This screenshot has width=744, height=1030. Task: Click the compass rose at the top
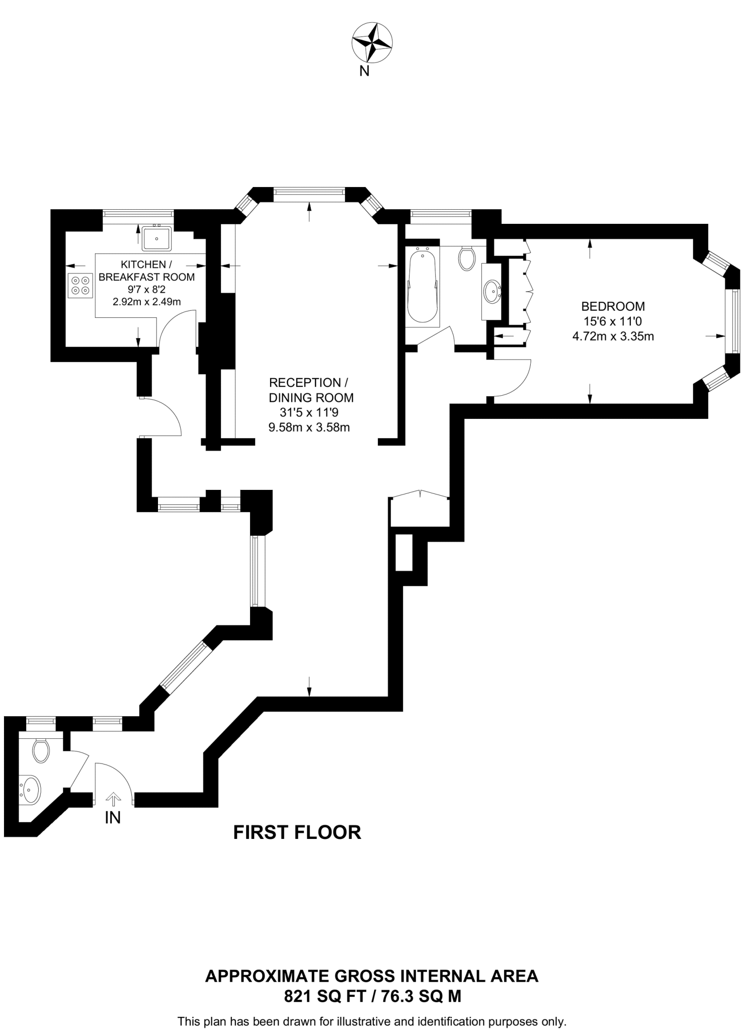click(372, 43)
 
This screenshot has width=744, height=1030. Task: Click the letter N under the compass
click(364, 71)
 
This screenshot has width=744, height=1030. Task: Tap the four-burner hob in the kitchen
click(80, 285)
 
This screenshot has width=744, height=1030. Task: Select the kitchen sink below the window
click(157, 238)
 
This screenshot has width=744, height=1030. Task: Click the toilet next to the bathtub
click(467, 258)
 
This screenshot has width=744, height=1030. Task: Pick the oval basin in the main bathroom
click(491, 291)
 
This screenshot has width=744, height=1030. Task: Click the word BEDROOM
click(613, 306)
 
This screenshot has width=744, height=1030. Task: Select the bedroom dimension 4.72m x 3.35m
click(613, 336)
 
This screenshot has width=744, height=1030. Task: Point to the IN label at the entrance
click(113, 818)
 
